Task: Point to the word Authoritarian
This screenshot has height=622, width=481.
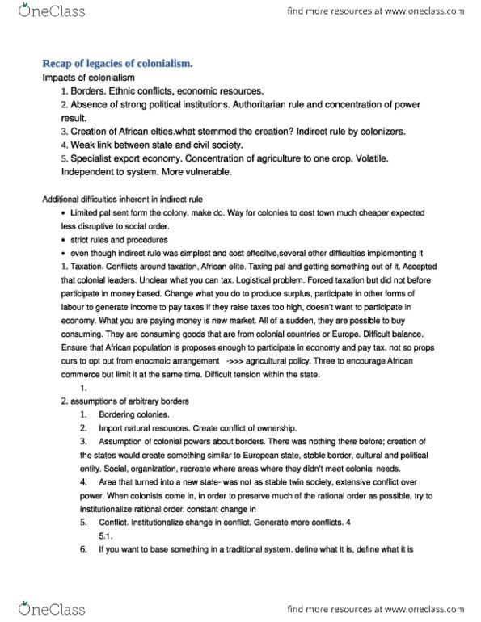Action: [304, 104]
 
